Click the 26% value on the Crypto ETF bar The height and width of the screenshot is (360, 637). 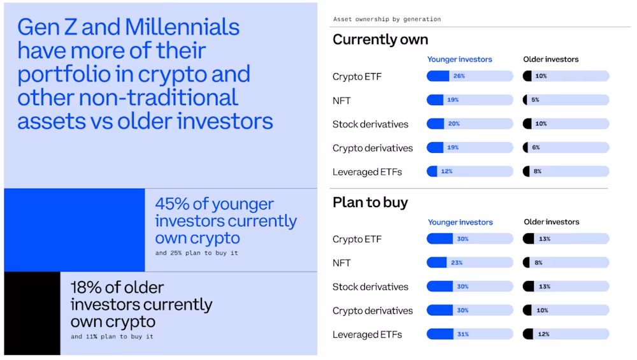pyautogui.click(x=459, y=76)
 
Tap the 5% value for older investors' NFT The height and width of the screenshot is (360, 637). pyautogui.click(x=536, y=100)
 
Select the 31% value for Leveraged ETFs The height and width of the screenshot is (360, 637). pyautogui.click(x=462, y=335)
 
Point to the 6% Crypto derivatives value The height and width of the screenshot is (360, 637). pyautogui.click(x=536, y=148)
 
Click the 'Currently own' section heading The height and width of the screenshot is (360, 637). pyautogui.click(x=380, y=40)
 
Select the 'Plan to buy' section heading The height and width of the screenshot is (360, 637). pyautogui.click(x=370, y=203)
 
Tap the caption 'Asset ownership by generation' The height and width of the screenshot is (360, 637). pyautogui.click(x=387, y=19)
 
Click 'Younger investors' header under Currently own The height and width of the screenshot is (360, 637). pyautogui.click(x=459, y=59)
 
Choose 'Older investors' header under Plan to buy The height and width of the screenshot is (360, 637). pyautogui.click(x=552, y=222)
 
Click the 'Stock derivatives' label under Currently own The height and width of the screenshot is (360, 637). pyautogui.click(x=370, y=124)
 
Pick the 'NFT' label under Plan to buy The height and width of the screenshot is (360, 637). pyautogui.click(x=341, y=263)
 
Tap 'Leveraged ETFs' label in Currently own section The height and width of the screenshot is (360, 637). pyautogui.click(x=367, y=172)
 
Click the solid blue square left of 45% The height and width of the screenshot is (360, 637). pyautogui.click(x=74, y=230)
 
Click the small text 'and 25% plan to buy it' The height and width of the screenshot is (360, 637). pyautogui.click(x=197, y=253)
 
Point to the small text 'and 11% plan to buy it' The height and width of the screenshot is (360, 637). pyautogui.click(x=112, y=336)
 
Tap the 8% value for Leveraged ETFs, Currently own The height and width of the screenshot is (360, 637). pyautogui.click(x=537, y=171)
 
